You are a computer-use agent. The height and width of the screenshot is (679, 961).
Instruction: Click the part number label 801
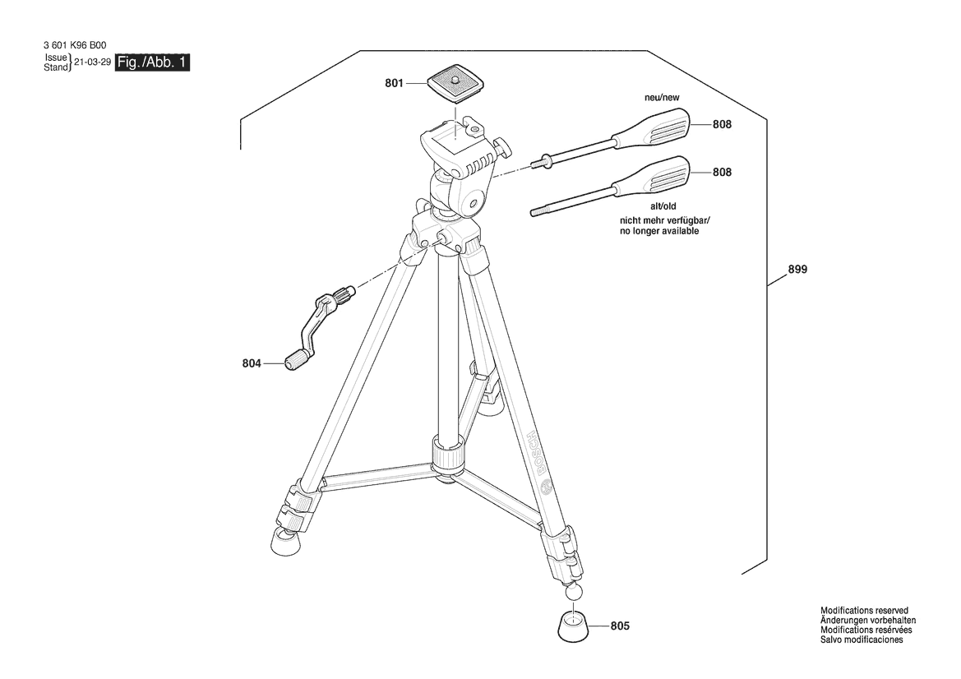point(394,83)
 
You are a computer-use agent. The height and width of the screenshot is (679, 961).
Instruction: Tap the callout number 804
point(252,363)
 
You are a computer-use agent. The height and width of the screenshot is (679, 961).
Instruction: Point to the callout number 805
point(620,626)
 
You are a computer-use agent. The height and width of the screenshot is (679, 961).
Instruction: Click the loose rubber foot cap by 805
point(574,627)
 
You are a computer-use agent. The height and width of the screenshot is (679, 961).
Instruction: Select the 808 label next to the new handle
point(722,124)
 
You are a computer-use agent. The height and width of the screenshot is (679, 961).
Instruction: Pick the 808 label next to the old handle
point(722,172)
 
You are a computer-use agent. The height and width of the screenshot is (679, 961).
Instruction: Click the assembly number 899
point(797,269)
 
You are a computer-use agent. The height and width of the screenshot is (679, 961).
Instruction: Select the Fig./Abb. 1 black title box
point(153,62)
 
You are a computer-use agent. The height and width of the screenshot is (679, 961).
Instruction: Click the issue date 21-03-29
point(92,62)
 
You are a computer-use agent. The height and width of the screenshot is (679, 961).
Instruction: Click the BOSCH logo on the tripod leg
point(539,456)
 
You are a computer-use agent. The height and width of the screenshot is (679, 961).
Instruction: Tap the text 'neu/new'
point(662,98)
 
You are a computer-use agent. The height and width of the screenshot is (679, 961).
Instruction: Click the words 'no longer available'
point(658,231)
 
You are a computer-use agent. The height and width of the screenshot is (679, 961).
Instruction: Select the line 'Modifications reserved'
point(864,611)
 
